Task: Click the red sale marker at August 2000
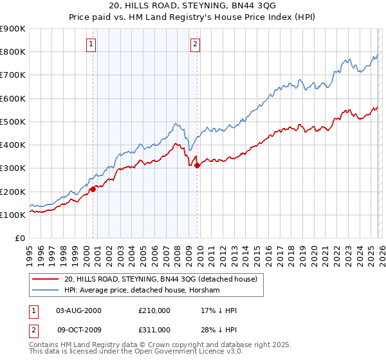pos(93,189)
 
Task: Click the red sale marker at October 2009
pos(197,166)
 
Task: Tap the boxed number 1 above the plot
pos(91,44)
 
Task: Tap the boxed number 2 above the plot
pos(194,44)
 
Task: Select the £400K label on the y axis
pos(13,145)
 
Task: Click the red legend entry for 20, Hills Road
pos(160,279)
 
